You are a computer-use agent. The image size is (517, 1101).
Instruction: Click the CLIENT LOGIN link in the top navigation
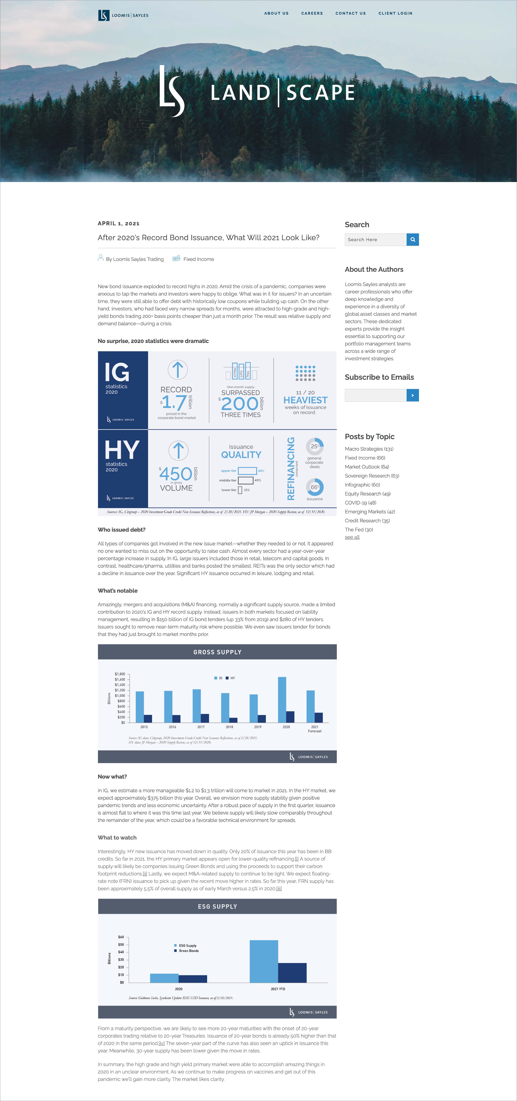coord(395,13)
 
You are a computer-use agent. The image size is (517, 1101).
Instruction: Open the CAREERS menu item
coord(312,13)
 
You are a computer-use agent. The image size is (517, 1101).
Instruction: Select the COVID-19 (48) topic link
coord(360,503)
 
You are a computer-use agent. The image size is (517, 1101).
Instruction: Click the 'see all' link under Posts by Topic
coord(352,537)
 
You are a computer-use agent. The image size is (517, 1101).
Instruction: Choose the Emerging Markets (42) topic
coord(370,512)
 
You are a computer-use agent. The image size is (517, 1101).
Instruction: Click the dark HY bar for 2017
coord(205,718)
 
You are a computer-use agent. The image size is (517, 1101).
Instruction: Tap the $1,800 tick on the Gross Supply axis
coord(120,674)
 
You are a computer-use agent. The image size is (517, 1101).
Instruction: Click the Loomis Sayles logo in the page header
coord(123,15)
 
